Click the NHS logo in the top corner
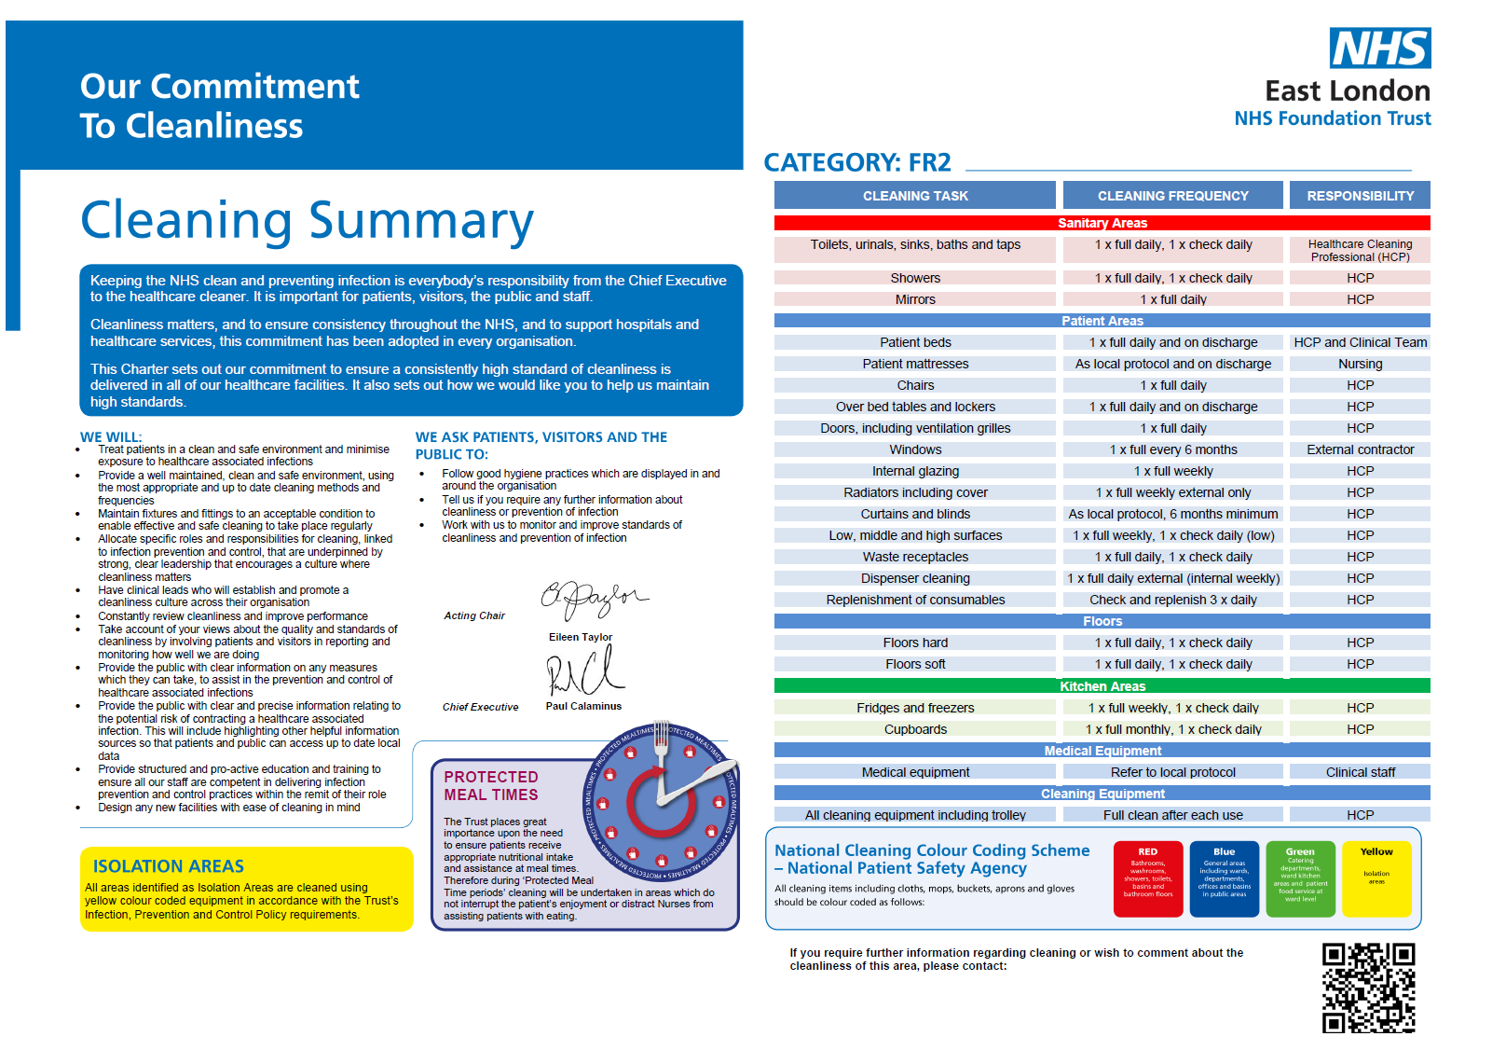coord(1379,48)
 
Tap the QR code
coord(1368,987)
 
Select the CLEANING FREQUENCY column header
coord(1172,196)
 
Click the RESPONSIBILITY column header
coord(1360,196)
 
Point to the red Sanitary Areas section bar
coord(1102,223)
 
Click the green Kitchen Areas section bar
coord(1102,686)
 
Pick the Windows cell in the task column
coord(915,449)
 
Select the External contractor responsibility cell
coord(1360,449)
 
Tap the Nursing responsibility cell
coord(1360,364)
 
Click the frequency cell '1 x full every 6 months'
coord(1172,449)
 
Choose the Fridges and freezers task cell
coord(915,708)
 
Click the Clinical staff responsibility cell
coord(1360,772)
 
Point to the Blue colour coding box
coord(1224,878)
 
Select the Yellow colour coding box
coord(1376,878)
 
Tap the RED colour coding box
coord(1147,878)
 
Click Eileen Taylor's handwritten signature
coord(593,599)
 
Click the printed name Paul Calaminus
coord(583,706)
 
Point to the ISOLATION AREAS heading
coord(169,866)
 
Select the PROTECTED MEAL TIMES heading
coord(491,785)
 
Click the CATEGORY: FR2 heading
coord(857,163)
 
